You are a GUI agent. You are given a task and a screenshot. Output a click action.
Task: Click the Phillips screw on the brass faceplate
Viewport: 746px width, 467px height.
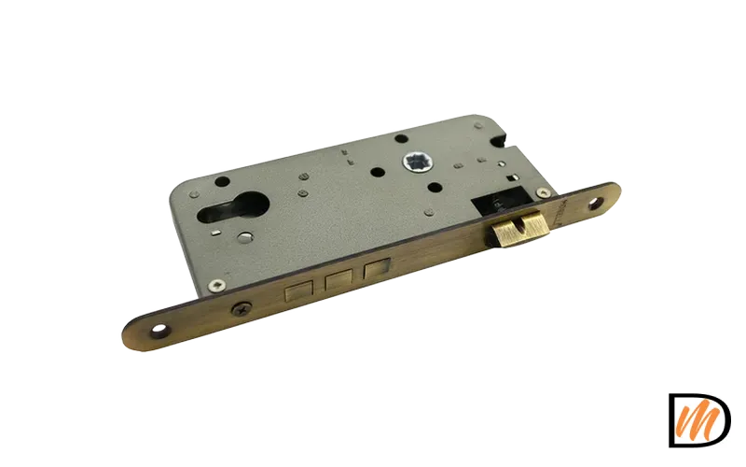[x=241, y=310]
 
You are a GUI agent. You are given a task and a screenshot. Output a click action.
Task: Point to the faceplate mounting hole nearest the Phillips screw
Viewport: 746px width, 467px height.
[x=160, y=331]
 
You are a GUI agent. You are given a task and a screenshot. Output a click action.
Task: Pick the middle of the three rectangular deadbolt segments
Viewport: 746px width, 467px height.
[x=338, y=281]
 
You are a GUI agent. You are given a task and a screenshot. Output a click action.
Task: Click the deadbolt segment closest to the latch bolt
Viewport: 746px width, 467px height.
[x=377, y=269]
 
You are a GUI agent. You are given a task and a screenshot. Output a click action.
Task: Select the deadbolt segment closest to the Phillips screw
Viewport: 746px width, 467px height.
[x=298, y=290]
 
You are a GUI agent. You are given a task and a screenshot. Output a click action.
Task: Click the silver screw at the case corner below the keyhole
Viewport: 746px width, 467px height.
[x=217, y=285]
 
